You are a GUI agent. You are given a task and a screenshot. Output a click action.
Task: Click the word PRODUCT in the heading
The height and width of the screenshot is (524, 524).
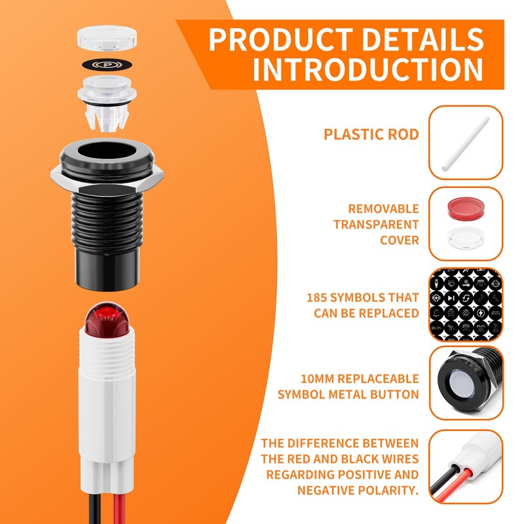[281, 39]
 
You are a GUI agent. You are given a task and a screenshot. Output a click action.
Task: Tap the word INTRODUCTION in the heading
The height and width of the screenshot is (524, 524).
[368, 69]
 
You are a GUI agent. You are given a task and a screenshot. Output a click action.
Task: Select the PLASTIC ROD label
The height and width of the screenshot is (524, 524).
[371, 134]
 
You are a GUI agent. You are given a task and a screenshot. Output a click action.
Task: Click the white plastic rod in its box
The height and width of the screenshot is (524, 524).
[466, 143]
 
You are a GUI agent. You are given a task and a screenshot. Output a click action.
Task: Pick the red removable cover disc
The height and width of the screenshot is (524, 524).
[466, 208]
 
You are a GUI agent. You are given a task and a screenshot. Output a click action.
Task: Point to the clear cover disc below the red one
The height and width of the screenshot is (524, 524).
[466, 238]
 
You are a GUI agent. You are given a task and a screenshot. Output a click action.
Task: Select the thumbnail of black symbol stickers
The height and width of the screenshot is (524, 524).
[466, 304]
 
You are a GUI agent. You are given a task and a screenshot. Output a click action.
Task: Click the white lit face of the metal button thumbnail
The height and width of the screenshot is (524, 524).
[459, 384]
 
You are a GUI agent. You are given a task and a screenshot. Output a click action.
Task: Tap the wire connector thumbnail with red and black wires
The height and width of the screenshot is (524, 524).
[466, 466]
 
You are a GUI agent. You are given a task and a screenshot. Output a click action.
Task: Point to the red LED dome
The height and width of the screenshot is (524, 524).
[107, 319]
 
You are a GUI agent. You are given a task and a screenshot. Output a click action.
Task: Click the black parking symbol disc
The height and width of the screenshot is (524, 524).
[107, 64]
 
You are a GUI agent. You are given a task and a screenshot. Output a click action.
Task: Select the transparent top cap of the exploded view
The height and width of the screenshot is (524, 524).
[107, 38]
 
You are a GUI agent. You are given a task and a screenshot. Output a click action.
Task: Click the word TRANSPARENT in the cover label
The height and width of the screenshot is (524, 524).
[376, 225]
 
